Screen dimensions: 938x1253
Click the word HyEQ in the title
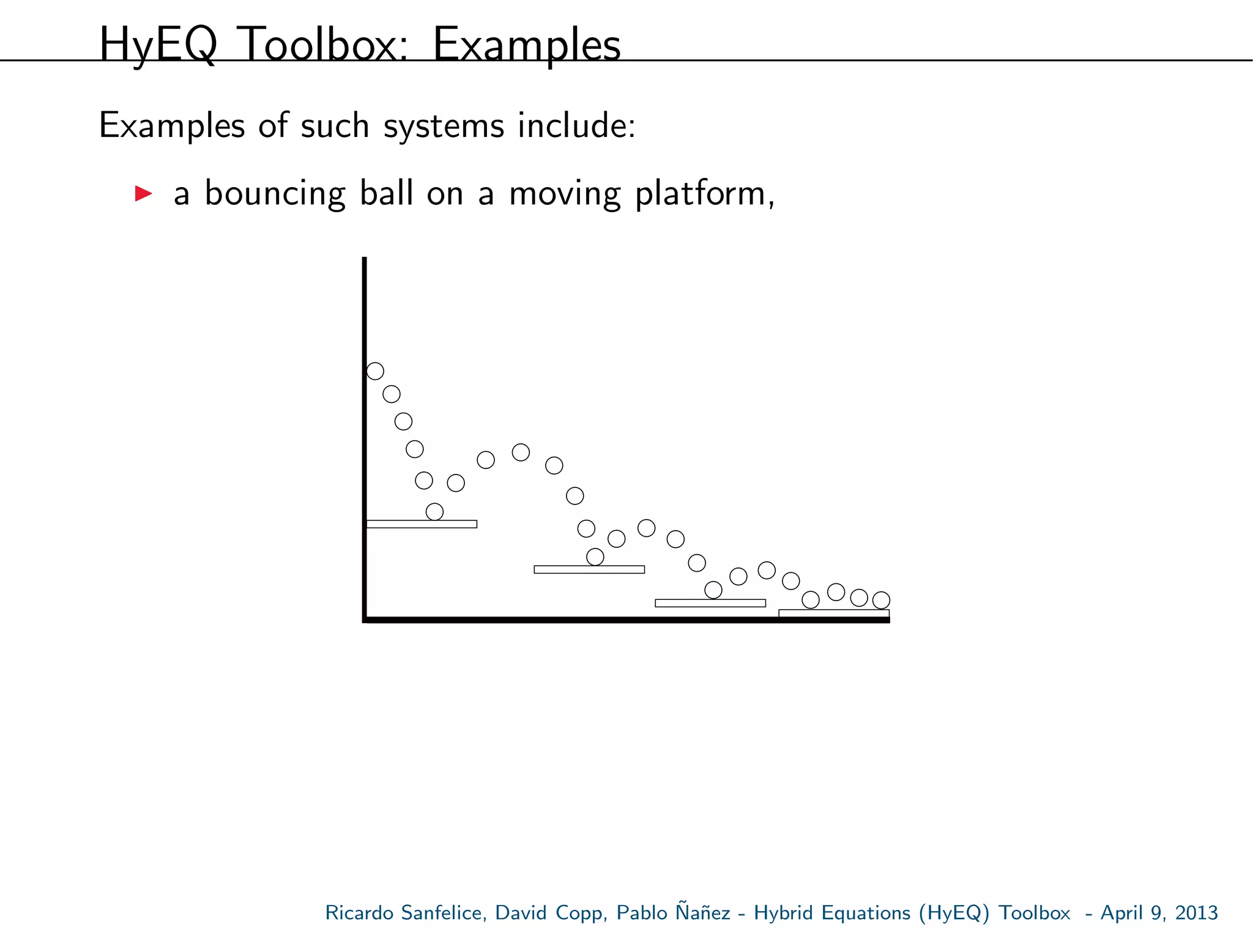158,45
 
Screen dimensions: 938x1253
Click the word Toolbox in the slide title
322,45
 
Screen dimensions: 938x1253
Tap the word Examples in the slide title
526,45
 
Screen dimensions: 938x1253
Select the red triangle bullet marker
143,194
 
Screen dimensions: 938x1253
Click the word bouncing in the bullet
275,194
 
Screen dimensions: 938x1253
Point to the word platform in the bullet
704,194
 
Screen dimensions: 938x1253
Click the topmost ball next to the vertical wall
375,371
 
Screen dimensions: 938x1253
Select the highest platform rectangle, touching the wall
422,524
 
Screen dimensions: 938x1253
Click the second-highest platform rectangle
589,569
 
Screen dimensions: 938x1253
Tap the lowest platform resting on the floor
833,613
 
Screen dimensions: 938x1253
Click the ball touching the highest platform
434,511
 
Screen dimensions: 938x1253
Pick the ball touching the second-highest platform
595,556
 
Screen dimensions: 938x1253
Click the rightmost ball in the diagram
881,600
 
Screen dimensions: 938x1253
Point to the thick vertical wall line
365,428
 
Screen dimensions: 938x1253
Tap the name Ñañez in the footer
703,912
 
